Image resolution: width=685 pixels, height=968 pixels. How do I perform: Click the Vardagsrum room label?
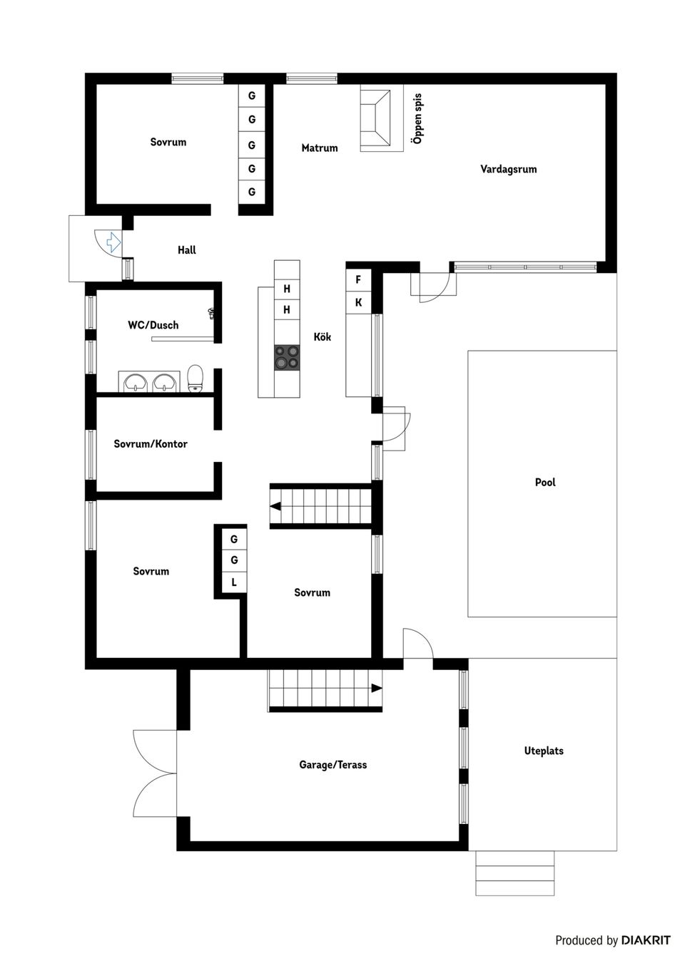[508, 170]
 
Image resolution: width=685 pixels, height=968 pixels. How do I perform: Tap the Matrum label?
[319, 148]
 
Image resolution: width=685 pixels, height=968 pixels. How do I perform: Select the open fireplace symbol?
[376, 118]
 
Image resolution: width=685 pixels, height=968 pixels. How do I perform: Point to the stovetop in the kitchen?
[287, 357]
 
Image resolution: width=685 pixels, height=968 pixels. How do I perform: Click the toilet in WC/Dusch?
[196, 378]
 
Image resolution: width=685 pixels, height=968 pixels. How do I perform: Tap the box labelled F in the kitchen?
[358, 280]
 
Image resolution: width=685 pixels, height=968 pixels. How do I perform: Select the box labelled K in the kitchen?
[358, 303]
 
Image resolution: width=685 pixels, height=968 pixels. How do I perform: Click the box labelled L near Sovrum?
[233, 583]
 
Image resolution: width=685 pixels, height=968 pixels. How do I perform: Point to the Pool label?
[545, 483]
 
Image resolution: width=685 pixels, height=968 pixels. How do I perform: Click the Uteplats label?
[544, 751]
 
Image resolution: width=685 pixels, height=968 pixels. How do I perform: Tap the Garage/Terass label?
[333, 765]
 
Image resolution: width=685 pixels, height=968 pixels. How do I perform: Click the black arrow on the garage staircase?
[376, 688]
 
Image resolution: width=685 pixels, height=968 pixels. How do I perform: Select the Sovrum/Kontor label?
[151, 444]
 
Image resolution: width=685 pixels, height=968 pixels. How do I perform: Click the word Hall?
[186, 250]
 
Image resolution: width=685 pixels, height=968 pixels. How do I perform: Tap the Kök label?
[323, 337]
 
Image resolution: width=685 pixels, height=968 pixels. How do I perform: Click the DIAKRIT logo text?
[646, 940]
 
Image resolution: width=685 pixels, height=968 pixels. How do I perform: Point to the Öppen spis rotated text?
[418, 119]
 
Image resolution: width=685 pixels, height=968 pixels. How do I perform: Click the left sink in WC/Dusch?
[135, 383]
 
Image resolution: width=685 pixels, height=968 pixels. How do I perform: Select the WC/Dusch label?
[153, 325]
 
